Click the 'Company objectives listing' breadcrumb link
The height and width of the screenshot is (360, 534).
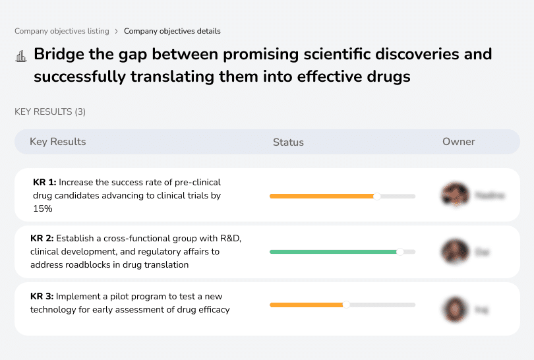point(62,31)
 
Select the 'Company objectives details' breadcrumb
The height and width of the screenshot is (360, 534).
point(172,31)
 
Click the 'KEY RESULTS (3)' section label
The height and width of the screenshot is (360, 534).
point(50,111)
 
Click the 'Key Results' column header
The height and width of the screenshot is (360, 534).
point(57,142)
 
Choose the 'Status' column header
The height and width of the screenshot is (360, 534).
point(288,142)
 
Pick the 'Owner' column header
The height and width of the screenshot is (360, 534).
point(458,142)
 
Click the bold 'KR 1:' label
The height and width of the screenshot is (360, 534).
point(44,182)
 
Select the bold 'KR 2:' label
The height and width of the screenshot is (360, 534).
point(42,239)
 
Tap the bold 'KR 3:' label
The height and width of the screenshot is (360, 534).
point(42,296)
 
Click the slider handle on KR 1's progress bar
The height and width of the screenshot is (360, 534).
point(377,196)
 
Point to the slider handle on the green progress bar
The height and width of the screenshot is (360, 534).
point(400,251)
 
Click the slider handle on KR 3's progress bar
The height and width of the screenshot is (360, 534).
point(346,305)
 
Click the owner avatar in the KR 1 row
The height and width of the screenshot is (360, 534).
point(454,195)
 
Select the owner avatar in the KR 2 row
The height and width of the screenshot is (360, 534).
point(454,251)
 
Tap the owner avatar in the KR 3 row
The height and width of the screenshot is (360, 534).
point(454,309)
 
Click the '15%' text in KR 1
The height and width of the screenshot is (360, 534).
point(42,208)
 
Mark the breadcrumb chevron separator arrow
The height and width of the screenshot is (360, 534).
point(117,31)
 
